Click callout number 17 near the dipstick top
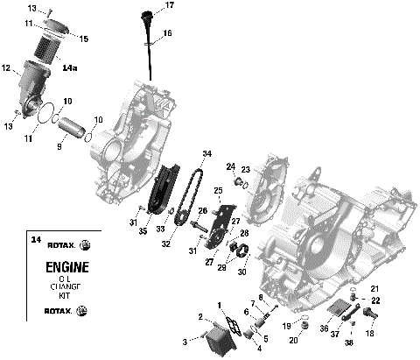(x=169, y=6)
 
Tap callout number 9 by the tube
(x=60, y=147)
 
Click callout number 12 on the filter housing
(x=6, y=67)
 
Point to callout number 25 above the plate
(x=218, y=190)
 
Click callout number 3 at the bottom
(x=185, y=340)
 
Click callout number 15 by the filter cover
(x=84, y=39)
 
